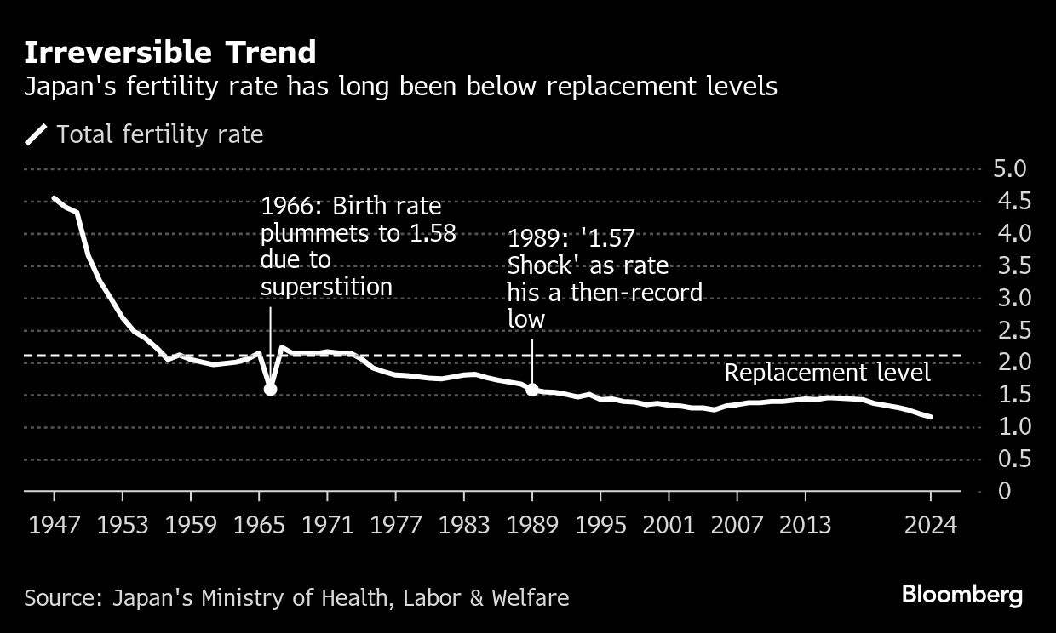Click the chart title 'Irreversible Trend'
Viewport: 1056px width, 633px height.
click(169, 53)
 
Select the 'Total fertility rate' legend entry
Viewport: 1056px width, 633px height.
click(159, 134)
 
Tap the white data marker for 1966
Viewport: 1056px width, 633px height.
click(270, 389)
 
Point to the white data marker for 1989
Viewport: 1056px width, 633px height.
click(532, 389)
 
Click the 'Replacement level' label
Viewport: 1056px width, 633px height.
click(827, 374)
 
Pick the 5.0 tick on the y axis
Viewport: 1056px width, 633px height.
click(1011, 168)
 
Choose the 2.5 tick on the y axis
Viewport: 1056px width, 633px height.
click(1011, 330)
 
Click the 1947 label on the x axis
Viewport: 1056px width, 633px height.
click(55, 524)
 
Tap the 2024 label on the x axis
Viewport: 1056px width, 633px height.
click(930, 524)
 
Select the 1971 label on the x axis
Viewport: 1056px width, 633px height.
click(328, 524)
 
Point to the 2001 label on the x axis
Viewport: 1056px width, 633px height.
click(669, 524)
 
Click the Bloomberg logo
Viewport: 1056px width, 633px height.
click(961, 594)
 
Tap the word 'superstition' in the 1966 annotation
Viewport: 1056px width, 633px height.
click(326, 288)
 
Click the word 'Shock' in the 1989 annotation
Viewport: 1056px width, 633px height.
click(542, 266)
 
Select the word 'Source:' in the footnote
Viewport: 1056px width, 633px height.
click(64, 598)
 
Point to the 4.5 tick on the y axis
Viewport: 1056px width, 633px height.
click(1011, 201)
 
